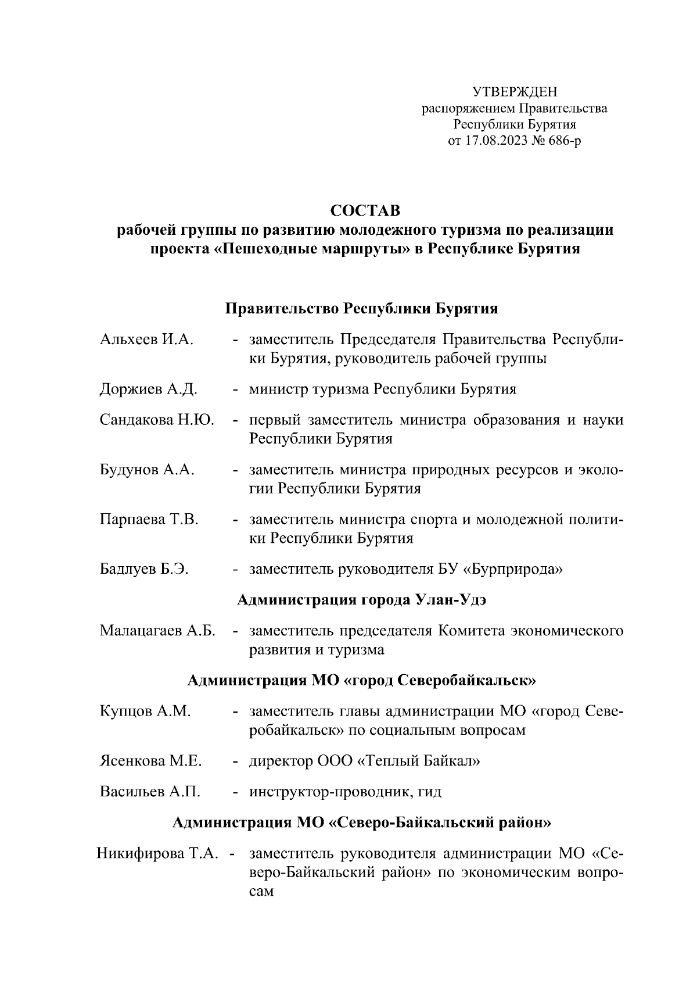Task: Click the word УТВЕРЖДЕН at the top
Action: click(x=514, y=92)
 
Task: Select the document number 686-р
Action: click(x=561, y=141)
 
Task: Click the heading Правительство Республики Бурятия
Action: click(x=362, y=308)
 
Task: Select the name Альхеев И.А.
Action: click(x=146, y=339)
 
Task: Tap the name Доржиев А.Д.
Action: click(x=149, y=389)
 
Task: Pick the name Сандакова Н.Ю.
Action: click(x=157, y=420)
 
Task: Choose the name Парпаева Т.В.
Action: click(x=149, y=519)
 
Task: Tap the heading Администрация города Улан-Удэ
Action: click(x=362, y=600)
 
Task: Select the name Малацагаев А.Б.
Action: click(x=158, y=631)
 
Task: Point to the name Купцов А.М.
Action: click(x=145, y=711)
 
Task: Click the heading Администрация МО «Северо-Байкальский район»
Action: click(x=362, y=822)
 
